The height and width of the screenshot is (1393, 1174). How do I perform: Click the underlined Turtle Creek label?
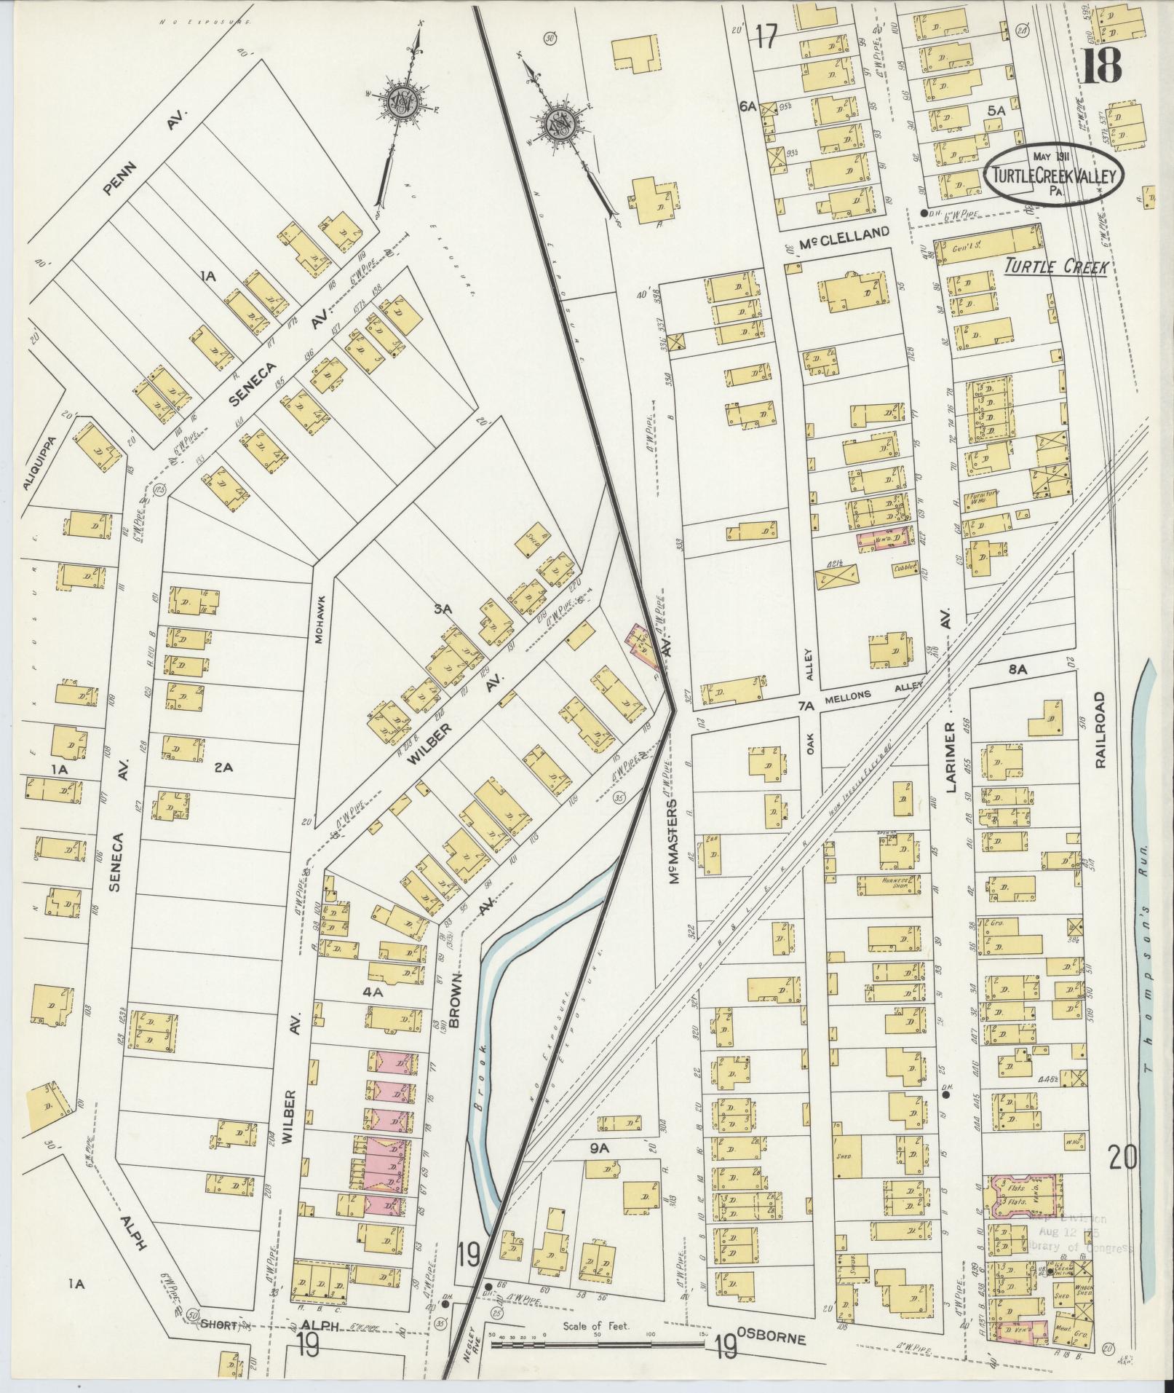point(1055,267)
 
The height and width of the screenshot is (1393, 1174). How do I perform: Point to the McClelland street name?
point(844,233)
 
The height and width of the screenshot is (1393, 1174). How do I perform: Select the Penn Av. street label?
point(145,154)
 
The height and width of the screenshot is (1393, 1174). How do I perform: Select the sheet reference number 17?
point(766,36)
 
